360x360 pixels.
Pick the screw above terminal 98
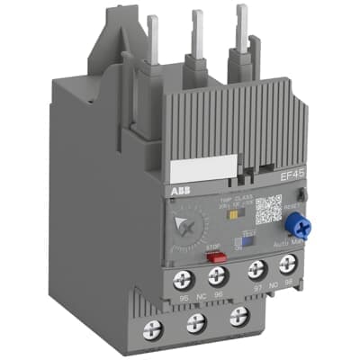click(x=288, y=266)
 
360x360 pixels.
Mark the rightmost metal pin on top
click(x=241, y=27)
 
